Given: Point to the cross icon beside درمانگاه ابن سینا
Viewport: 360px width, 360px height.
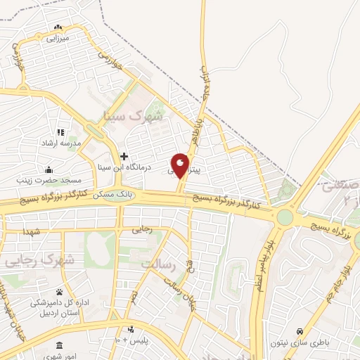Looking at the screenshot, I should [124, 156].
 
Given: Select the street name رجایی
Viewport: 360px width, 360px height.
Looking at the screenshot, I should [141, 229].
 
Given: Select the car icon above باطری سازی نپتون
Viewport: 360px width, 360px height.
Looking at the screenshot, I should [301, 330].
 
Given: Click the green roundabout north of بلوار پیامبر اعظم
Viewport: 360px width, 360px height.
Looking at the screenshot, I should [284, 217].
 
